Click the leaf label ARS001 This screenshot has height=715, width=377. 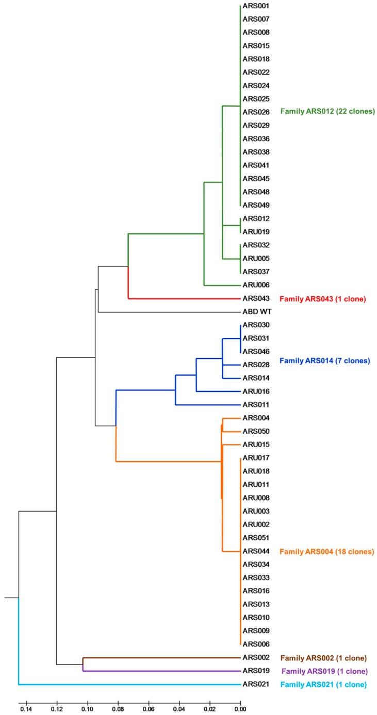point(256,6)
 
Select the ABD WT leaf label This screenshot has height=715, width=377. point(257,312)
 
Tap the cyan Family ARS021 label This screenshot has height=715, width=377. point(323,685)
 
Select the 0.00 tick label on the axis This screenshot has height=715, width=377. point(240,709)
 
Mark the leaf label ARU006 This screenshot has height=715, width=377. point(256,285)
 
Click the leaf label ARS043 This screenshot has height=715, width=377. point(256,298)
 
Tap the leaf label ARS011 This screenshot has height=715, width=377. point(256,405)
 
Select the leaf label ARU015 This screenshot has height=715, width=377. point(256,445)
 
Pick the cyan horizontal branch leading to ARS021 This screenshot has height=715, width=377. point(129,685)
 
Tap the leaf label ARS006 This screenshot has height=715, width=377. point(256,644)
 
